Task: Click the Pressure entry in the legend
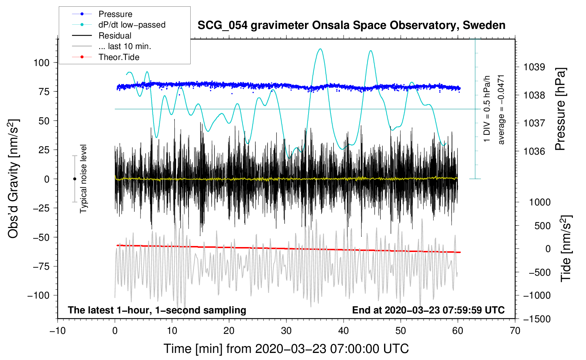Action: [x=115, y=14]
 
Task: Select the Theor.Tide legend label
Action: [x=119, y=57]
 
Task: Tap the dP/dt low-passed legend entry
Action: [x=132, y=25]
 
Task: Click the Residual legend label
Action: [x=115, y=36]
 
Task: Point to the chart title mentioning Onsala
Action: [x=351, y=25]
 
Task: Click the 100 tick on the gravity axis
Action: [x=41, y=63]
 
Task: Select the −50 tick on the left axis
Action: [x=41, y=237]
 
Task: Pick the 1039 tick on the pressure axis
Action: [x=534, y=67]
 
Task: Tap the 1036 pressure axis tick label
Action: [x=534, y=151]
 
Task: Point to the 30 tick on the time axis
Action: [x=286, y=331]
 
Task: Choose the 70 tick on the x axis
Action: [x=515, y=331]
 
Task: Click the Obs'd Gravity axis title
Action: [x=13, y=179]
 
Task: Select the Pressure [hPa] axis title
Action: [x=560, y=109]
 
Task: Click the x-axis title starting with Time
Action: [x=286, y=349]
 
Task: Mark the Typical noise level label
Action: [x=83, y=179]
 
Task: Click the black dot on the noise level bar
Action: [x=74, y=179]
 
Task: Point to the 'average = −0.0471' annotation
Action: [x=501, y=109]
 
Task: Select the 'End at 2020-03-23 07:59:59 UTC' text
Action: [x=428, y=310]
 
